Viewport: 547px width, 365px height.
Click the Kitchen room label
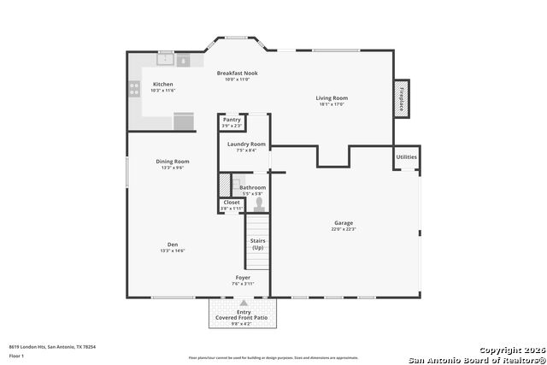click(163, 85)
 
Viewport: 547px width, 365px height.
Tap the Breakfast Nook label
click(237, 74)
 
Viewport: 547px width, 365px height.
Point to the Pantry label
click(232, 121)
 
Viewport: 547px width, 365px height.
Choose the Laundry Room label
click(246, 144)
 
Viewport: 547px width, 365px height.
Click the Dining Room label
click(173, 162)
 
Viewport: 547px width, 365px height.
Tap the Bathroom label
click(252, 187)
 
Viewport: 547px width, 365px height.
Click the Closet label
click(232, 203)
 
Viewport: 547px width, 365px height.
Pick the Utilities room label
click(407, 157)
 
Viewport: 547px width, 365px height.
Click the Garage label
click(344, 223)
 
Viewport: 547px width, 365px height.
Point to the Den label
click(173, 244)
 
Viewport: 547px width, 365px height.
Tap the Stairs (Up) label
click(257, 244)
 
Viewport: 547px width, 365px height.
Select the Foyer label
click(244, 278)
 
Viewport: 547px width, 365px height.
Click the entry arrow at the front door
click(244, 303)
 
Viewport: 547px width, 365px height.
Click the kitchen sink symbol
click(165, 60)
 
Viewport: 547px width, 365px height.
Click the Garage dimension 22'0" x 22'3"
click(344, 229)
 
